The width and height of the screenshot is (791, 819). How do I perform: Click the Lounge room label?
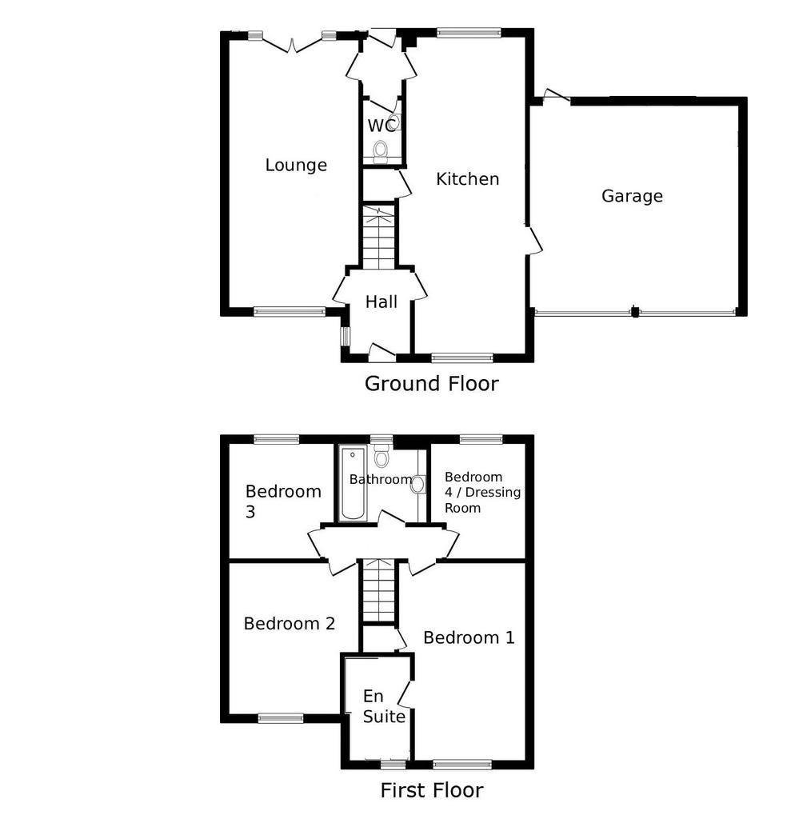[296, 165]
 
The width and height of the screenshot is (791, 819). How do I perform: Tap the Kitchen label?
[468, 179]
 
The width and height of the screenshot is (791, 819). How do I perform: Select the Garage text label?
[632, 196]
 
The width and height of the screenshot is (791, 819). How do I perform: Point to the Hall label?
[381, 302]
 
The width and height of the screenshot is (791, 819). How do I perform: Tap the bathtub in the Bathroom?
[352, 483]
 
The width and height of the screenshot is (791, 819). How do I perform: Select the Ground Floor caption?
[432, 383]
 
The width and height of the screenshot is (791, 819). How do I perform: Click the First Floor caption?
[432, 790]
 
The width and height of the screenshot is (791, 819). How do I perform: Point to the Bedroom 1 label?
[469, 637]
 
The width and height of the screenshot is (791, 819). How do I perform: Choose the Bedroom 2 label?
[289, 623]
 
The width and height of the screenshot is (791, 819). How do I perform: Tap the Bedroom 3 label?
[283, 501]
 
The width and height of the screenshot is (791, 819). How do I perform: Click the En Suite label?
[384, 706]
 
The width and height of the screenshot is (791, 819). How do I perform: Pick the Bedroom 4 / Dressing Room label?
[482, 492]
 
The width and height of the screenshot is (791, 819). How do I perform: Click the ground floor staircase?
[379, 237]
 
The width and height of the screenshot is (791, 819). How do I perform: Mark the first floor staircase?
[379, 591]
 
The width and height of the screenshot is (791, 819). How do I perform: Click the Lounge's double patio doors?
[292, 43]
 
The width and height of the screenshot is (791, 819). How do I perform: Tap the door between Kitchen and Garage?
[534, 240]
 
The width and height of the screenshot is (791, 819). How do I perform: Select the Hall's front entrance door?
[382, 353]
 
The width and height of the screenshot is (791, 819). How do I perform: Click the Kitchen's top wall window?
[469, 33]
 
